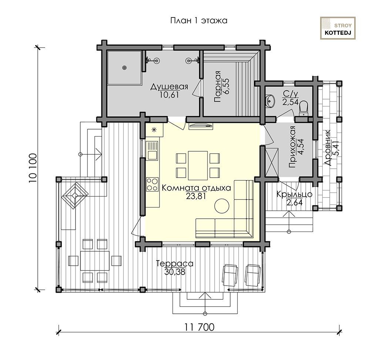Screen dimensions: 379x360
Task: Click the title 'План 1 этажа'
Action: click(x=199, y=21)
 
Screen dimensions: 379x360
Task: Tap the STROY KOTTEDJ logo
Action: click(x=338, y=28)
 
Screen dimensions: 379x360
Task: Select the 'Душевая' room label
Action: click(x=169, y=86)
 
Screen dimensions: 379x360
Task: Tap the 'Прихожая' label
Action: click(x=293, y=147)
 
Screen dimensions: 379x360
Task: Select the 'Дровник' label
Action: click(x=328, y=148)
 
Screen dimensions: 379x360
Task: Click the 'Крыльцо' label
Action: click(x=294, y=194)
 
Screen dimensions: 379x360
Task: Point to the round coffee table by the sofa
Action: click(x=222, y=206)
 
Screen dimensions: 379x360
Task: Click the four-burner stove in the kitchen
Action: click(x=152, y=184)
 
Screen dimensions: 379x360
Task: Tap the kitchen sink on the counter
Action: click(x=152, y=151)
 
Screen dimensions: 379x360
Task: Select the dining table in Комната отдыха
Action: click(x=198, y=165)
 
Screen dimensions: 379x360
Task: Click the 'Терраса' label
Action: click(x=175, y=263)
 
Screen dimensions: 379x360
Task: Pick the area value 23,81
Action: click(x=196, y=196)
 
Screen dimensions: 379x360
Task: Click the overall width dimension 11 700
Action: click(x=199, y=327)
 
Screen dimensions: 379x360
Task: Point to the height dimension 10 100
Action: click(x=33, y=168)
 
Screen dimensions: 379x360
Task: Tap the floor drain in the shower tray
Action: click(x=124, y=68)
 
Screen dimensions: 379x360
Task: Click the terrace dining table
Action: click(x=95, y=261)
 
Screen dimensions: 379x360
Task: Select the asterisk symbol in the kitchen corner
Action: click(x=154, y=130)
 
